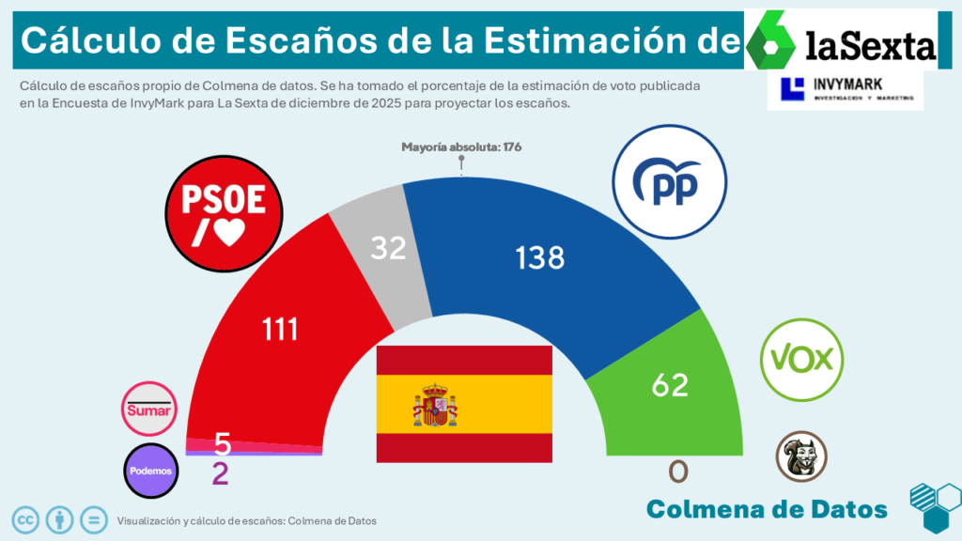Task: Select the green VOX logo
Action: tap(801, 358)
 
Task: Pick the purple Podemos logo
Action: tap(151, 470)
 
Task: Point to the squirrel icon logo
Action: tap(801, 457)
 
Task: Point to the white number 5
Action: tap(223, 444)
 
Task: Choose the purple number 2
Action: tap(220, 474)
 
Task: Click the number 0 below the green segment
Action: tap(677, 471)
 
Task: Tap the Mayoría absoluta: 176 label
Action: tap(461, 147)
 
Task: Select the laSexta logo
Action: tap(842, 40)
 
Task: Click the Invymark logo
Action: tap(845, 90)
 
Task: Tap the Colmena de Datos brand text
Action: tap(767, 509)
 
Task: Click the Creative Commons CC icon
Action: tap(25, 518)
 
